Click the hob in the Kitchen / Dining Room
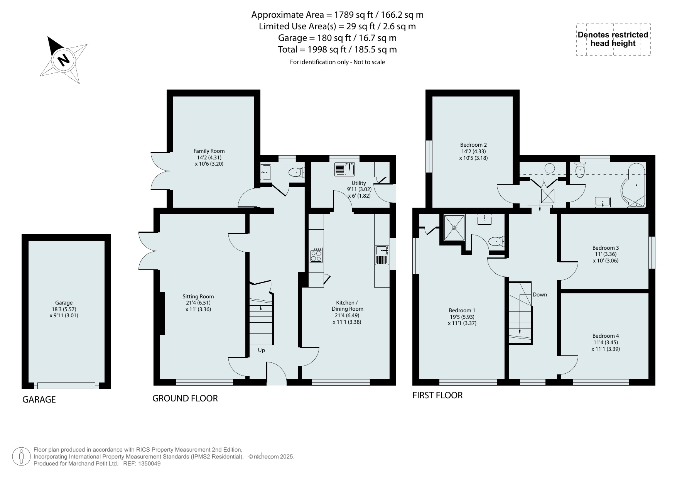click(x=316, y=255)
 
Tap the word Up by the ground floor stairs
click(x=262, y=350)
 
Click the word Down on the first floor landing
click(x=540, y=295)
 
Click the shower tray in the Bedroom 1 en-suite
click(x=454, y=227)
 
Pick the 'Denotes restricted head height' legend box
click(x=613, y=39)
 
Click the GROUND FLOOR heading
click(x=185, y=398)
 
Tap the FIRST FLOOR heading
click(x=437, y=395)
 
